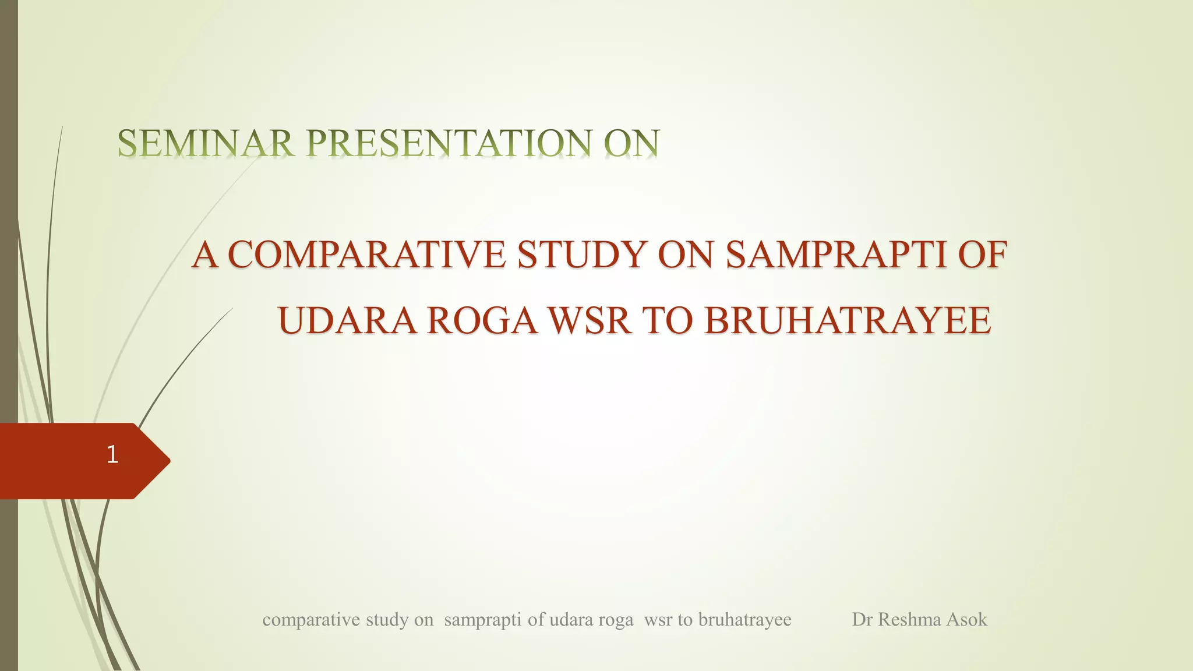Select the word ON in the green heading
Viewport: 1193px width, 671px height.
tap(631, 143)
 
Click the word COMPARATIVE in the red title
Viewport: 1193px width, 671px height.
tap(367, 255)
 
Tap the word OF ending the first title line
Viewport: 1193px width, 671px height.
tap(982, 255)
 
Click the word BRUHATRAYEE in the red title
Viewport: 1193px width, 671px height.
tap(848, 321)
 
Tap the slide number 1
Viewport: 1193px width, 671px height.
tap(112, 454)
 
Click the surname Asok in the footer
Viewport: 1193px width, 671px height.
tap(967, 619)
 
